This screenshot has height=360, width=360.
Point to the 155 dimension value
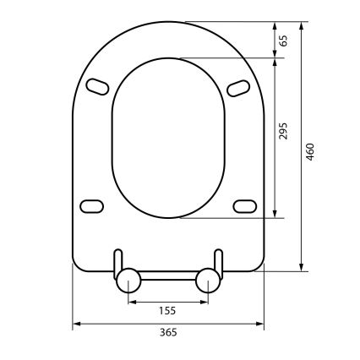[x=167, y=310]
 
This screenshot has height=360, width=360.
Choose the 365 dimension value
[x=167, y=332]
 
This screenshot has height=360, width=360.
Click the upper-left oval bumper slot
[x=97, y=85]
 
